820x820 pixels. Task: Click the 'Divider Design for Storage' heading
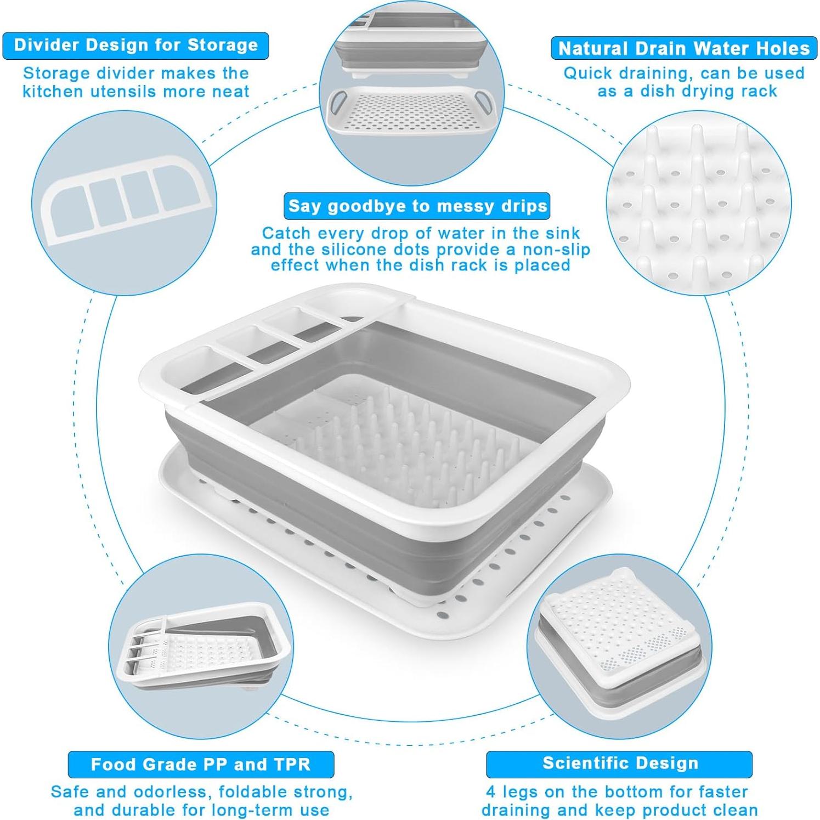tap(135, 45)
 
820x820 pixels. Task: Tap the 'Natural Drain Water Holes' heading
tap(683, 48)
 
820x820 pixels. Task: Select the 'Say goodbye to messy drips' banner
tap(417, 206)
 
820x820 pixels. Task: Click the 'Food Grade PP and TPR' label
tap(201, 764)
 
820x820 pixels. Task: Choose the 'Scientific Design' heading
tap(620, 763)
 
